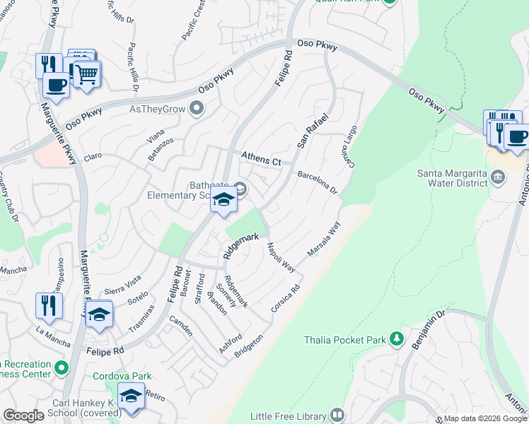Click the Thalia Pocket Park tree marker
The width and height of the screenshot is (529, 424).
397,340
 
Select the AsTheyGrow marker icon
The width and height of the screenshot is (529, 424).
197,109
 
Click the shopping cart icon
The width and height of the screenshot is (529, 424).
86,73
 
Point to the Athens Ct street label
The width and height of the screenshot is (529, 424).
261,159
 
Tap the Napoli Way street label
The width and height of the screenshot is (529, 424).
281,257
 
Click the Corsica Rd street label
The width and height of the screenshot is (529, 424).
286,300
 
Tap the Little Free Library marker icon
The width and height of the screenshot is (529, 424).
337,415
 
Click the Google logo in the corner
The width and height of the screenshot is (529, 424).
23,416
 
